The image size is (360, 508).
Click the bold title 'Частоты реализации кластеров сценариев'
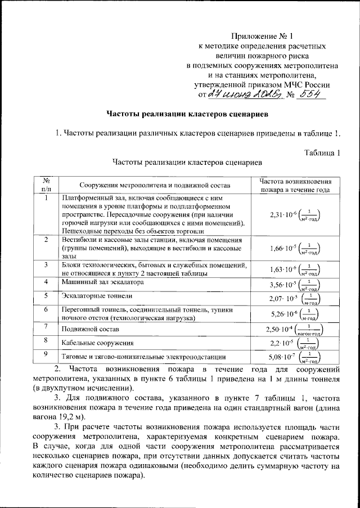[x=187, y=115]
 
